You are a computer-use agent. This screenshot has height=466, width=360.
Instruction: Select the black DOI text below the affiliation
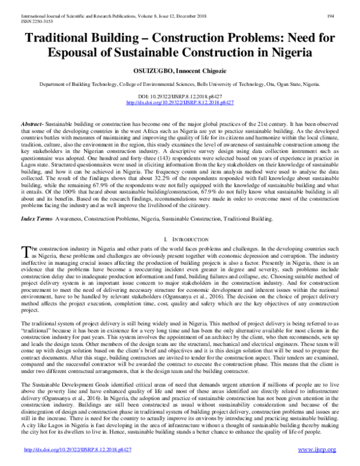(179, 96)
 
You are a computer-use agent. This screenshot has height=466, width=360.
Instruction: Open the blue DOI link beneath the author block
(179, 103)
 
